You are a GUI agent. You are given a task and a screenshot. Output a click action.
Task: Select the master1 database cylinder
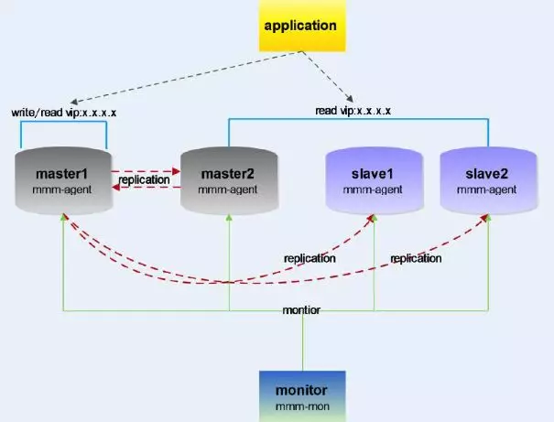(x=63, y=181)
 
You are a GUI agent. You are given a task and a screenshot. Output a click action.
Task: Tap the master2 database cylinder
(x=227, y=181)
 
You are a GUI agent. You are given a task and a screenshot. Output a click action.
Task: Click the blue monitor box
(x=302, y=395)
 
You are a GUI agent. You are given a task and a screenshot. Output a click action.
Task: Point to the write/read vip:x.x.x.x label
(x=63, y=113)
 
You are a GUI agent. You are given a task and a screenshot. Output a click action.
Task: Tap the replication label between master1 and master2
(x=145, y=179)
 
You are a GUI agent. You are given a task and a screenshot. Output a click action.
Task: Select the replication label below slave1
(x=309, y=258)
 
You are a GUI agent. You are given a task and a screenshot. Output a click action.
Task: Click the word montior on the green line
(x=302, y=311)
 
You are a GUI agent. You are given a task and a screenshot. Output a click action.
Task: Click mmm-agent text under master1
(x=63, y=189)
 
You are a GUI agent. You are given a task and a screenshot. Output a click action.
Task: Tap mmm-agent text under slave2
(x=487, y=189)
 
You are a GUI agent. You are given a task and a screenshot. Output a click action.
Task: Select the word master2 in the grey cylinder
(x=227, y=173)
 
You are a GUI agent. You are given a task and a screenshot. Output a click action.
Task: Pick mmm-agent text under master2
(x=227, y=189)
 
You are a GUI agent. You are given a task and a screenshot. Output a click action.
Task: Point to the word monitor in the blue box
(x=302, y=388)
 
